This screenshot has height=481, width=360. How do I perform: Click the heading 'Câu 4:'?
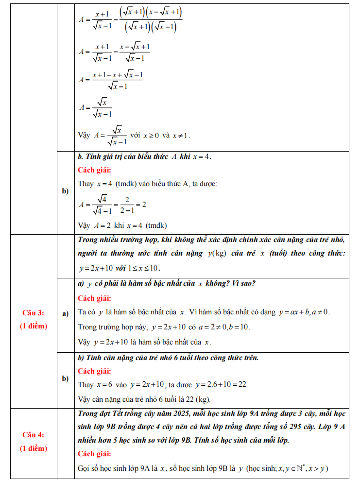point(34,434)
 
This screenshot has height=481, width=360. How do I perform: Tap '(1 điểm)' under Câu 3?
point(34,326)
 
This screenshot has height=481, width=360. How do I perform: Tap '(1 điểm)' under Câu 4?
point(34,448)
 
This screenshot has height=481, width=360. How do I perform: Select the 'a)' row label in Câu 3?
point(66,314)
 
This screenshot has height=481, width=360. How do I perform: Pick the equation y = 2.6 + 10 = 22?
point(221,384)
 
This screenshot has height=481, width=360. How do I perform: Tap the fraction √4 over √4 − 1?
point(102,205)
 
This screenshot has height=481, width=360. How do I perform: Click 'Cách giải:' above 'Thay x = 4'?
point(94,170)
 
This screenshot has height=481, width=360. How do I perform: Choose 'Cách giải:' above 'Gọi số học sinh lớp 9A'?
point(94,454)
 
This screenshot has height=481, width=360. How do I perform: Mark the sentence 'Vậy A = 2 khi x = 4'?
point(122,225)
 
